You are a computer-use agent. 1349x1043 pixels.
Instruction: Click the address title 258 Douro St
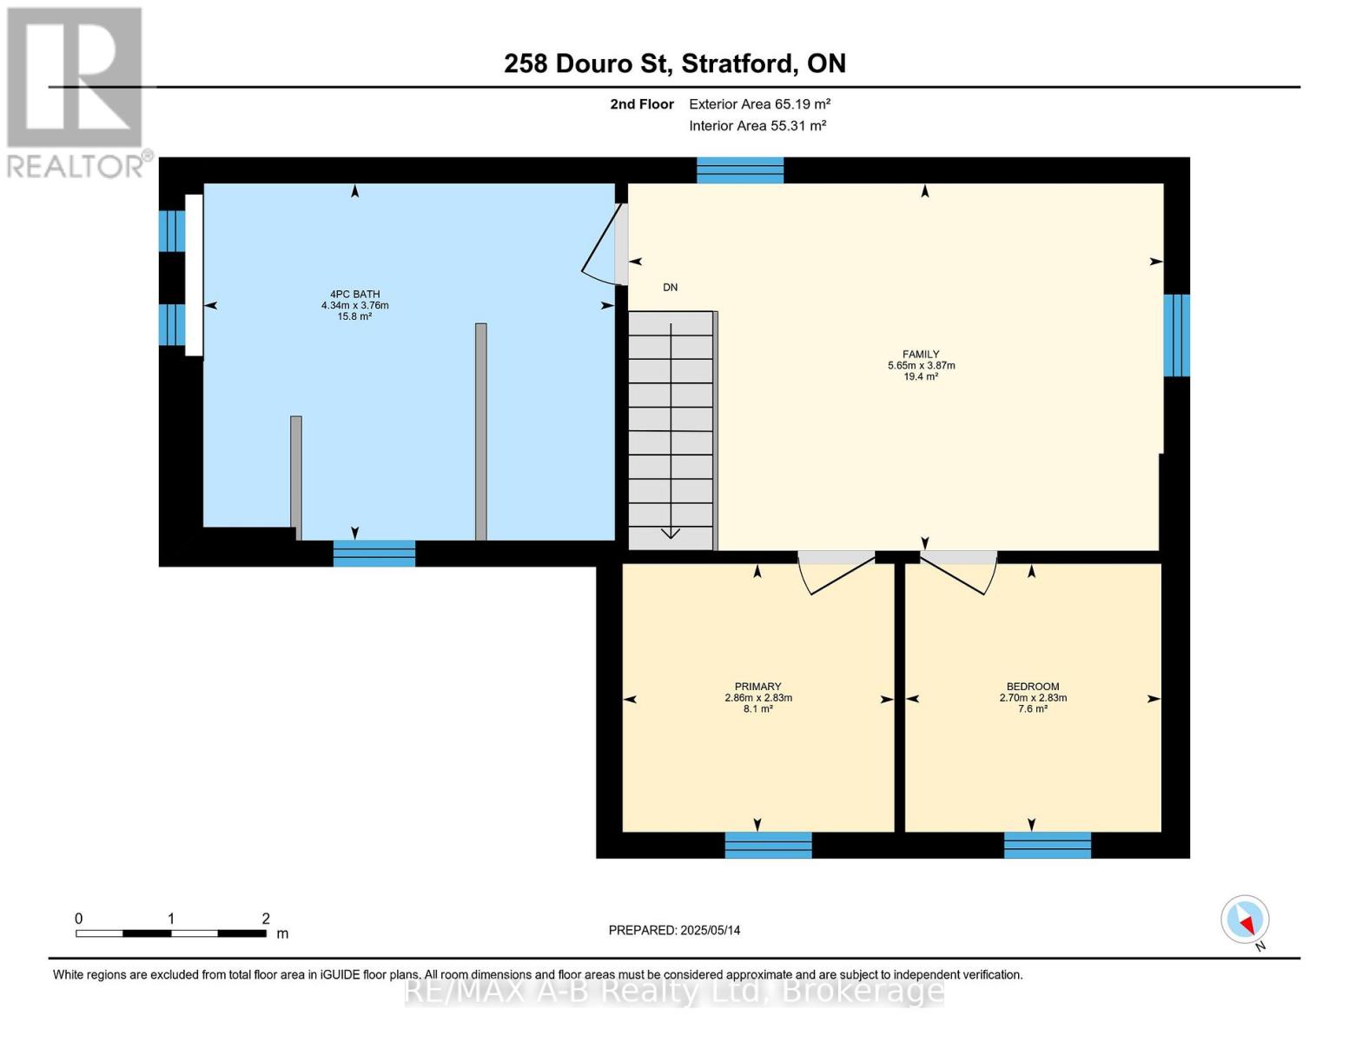674,63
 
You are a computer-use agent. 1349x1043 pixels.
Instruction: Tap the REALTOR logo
76,92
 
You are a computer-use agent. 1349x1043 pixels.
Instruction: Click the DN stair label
670,288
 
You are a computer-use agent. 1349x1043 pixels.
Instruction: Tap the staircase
671,430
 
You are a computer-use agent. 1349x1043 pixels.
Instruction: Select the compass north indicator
1246,920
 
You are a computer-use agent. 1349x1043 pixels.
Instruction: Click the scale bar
171,933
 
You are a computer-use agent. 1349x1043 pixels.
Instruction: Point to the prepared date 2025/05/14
674,930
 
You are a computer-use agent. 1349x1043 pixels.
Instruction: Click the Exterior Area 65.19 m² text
759,104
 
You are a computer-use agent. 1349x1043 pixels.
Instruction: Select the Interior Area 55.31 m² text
757,126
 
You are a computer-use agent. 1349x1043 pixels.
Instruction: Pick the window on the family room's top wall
740,170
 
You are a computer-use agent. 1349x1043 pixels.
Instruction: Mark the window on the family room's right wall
1176,335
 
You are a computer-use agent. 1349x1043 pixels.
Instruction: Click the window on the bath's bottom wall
374,554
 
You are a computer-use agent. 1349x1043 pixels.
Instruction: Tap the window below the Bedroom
1048,845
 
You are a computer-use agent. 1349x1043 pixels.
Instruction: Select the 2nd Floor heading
642,104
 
